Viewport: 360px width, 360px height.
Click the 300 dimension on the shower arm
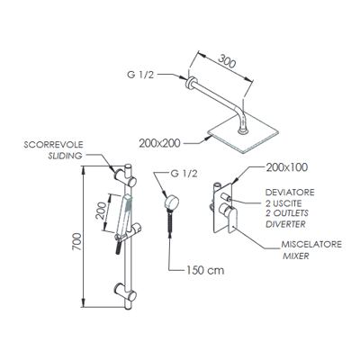coord(227,61)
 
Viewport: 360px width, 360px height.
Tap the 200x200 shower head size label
coord(159,143)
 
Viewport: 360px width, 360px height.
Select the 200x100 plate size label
coord(287,167)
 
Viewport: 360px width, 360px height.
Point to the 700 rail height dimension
coord(76,242)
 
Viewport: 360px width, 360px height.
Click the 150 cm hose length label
coord(205,270)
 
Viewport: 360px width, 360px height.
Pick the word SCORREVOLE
coord(53,145)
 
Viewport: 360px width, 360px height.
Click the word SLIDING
coord(66,156)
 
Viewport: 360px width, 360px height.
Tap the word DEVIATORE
coord(290,193)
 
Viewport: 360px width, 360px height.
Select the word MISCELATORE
coord(311,244)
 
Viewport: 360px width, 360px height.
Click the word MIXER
coord(296,256)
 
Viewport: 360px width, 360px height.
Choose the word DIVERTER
coord(285,224)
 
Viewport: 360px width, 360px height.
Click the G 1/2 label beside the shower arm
coord(140,75)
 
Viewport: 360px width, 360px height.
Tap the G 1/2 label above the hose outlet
coord(184,174)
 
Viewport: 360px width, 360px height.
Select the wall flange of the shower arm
coord(190,83)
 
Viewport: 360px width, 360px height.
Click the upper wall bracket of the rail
coord(125,177)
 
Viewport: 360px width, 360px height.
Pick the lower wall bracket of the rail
coord(125,292)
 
